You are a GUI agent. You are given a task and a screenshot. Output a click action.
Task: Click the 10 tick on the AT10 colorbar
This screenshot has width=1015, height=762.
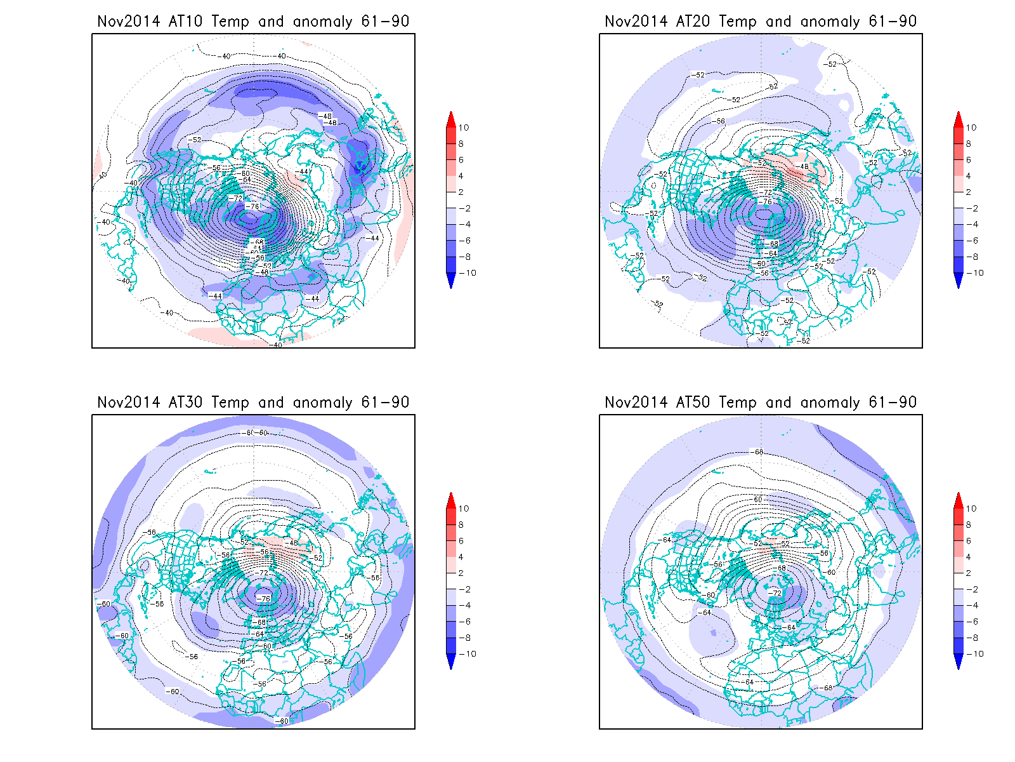pyautogui.click(x=463, y=128)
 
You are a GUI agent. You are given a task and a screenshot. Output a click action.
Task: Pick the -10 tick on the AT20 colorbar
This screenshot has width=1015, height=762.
pyautogui.click(x=976, y=273)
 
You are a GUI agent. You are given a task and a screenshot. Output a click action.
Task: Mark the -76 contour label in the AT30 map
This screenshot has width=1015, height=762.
pyautogui.click(x=263, y=598)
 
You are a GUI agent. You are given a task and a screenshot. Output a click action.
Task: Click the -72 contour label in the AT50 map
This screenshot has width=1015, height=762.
pyautogui.click(x=775, y=593)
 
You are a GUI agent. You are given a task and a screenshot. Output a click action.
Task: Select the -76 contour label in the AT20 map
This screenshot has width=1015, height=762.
pyautogui.click(x=766, y=202)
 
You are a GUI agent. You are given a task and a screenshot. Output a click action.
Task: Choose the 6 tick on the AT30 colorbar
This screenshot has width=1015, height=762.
pyautogui.click(x=461, y=541)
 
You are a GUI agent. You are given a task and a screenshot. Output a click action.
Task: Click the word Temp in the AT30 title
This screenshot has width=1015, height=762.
pyautogui.click(x=230, y=402)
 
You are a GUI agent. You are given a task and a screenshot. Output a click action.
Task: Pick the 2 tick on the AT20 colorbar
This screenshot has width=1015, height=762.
pyautogui.click(x=969, y=192)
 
